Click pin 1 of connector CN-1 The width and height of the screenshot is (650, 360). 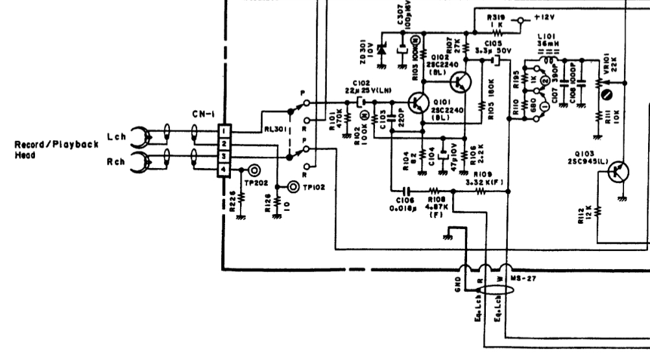(221, 131)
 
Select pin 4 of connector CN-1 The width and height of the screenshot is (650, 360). (221, 170)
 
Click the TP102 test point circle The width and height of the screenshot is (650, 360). (295, 187)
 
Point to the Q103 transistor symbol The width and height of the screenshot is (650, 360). (618, 171)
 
